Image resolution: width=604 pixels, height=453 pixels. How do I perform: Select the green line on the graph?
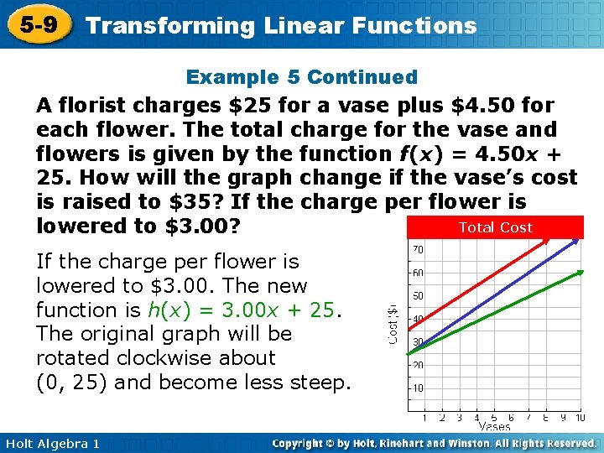[495, 312]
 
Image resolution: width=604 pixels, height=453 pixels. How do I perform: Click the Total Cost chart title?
[495, 227]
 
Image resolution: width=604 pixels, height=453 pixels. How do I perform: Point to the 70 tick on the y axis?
[417, 250]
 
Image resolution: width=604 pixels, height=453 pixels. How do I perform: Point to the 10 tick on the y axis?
[417, 388]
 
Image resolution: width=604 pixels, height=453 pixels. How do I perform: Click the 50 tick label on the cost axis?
[417, 296]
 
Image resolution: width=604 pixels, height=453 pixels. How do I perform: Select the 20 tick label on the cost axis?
[417, 365]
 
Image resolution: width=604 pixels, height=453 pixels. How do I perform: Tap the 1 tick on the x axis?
[424, 417]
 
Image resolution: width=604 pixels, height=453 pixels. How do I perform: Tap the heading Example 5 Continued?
[301, 77]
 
